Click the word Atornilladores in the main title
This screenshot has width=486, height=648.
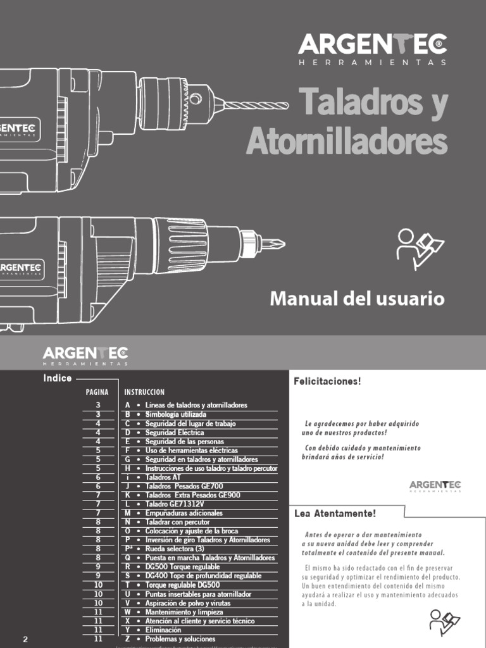pyautogui.click(x=346, y=141)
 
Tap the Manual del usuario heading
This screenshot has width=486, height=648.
pyautogui.click(x=357, y=299)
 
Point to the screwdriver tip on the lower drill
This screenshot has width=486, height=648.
pyautogui.click(x=272, y=243)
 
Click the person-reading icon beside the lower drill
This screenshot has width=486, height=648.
pyautogui.click(x=420, y=249)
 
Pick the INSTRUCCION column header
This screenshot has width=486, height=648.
pyautogui.click(x=144, y=392)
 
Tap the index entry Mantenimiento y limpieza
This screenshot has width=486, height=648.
pyautogui.click(x=184, y=612)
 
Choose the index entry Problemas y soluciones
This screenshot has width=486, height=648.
pyautogui.click(x=180, y=639)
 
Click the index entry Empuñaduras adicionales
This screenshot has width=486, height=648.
pyautogui.click(x=184, y=513)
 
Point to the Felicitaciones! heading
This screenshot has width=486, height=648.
pyautogui.click(x=327, y=381)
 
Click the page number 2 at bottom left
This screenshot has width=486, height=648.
pyautogui.click(x=25, y=639)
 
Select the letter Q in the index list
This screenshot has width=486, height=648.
pyautogui.click(x=128, y=558)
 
